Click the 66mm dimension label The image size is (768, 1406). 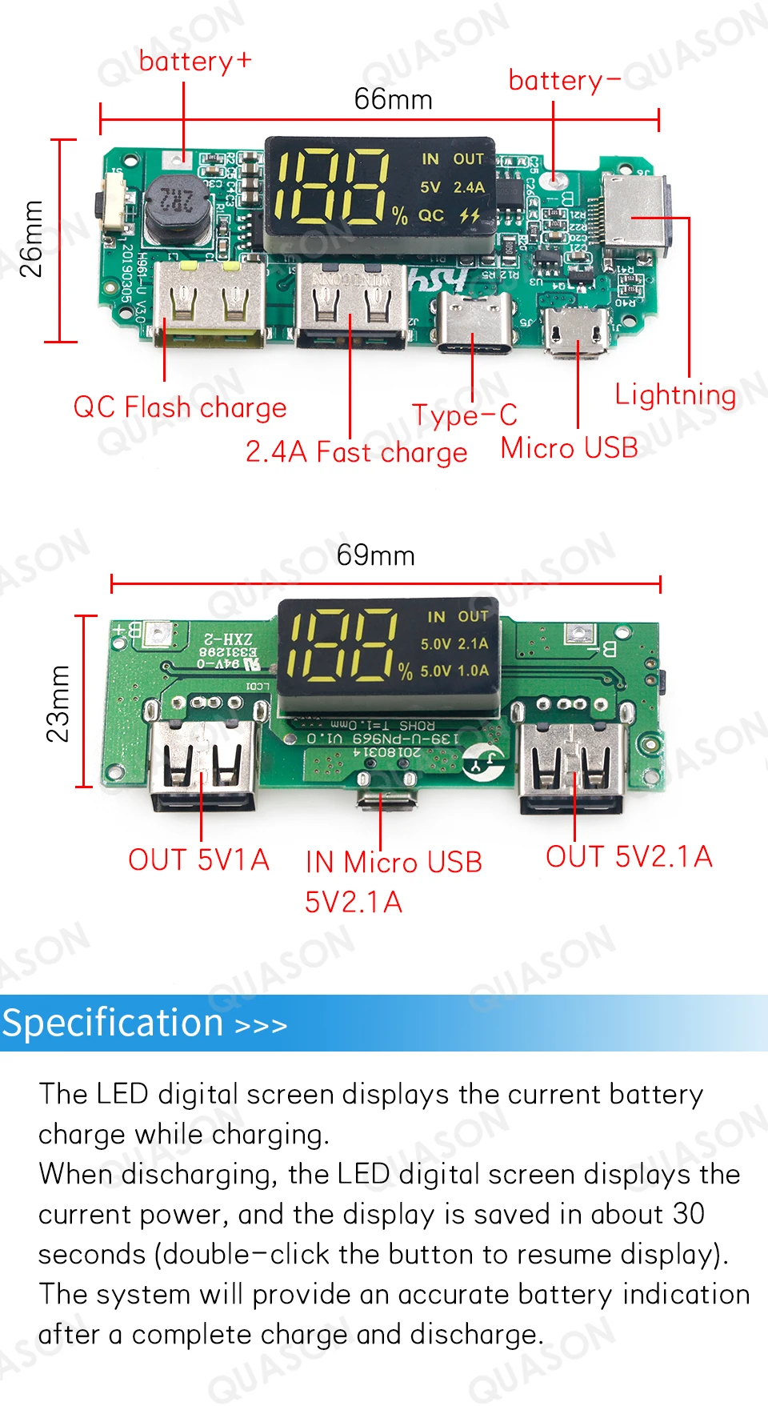pos(393,99)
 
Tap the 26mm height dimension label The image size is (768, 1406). pos(32,239)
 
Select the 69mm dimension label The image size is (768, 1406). pos(375,555)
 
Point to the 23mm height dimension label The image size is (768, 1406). pos(58,703)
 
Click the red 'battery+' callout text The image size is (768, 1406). pos(195,61)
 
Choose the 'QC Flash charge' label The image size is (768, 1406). pos(179,407)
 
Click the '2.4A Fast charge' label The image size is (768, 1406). pos(356,452)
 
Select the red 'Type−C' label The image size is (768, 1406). pos(464,415)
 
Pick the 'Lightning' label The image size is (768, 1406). pos(675,395)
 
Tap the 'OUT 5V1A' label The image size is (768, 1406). pos(198,859)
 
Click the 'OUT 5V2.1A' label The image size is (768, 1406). pos(629,856)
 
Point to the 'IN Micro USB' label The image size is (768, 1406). pos(394,862)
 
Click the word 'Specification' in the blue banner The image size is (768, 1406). pos(113,1023)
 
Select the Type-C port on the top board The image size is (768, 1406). pos(474,322)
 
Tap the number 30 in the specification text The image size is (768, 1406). pos(688,1214)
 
